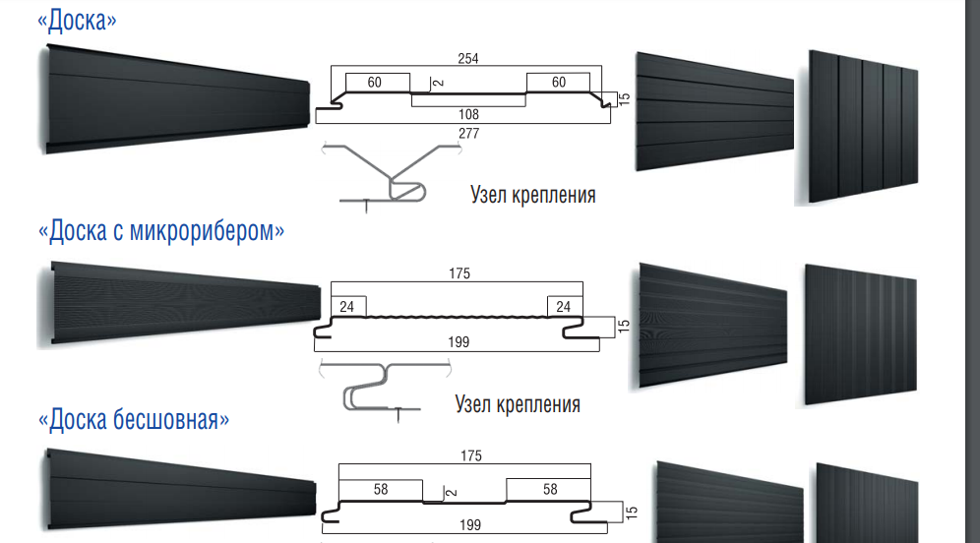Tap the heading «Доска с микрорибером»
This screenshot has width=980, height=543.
[161, 232]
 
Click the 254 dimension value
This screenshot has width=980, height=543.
[468, 59]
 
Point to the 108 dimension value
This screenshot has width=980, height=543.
[468, 115]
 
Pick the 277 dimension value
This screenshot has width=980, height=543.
[468, 134]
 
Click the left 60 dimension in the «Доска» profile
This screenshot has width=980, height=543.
[374, 83]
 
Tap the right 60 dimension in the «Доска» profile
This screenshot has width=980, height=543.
[559, 83]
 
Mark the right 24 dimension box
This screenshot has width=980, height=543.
[563, 307]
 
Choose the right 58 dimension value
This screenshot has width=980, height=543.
[549, 489]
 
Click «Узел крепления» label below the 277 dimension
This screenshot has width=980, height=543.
[532, 195]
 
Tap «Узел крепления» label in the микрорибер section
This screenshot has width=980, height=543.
[518, 404]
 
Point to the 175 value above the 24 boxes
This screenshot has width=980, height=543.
[458, 275]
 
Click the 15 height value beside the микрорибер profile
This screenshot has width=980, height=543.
[623, 326]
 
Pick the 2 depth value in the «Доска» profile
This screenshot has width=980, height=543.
[435, 83]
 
